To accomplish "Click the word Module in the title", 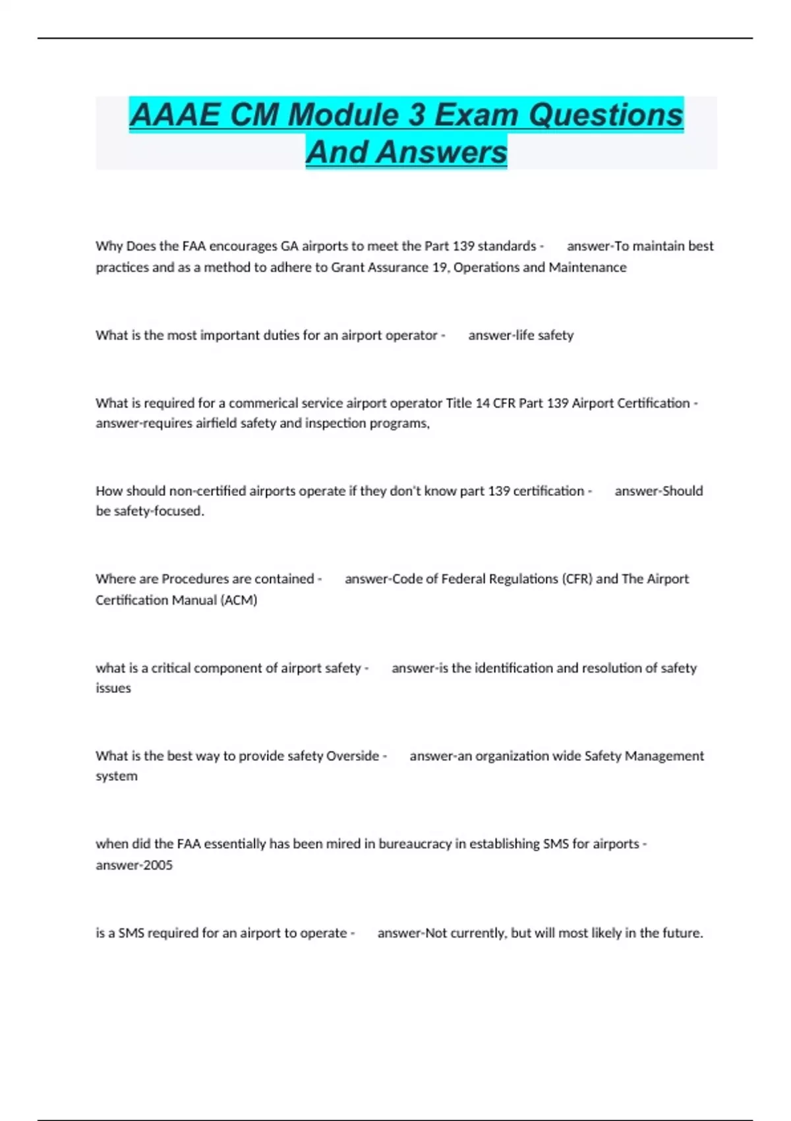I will click(344, 115).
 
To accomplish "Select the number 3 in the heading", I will click(417, 115).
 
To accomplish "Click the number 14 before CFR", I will click(483, 403).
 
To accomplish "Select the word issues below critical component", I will click(113, 688).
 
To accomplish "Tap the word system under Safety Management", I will click(117, 776).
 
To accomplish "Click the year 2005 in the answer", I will click(158, 865).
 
